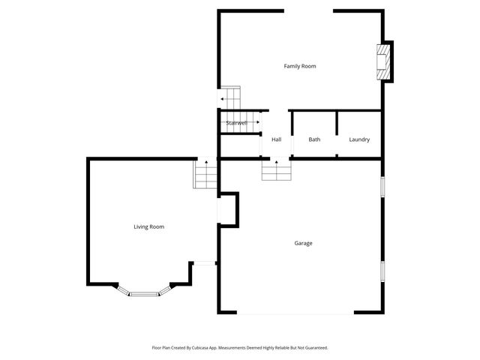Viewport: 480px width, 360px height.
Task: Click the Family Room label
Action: (x=299, y=66)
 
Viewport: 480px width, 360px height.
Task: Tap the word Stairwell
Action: (x=236, y=123)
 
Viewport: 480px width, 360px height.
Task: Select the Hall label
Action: (x=276, y=139)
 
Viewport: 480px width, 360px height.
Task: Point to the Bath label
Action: (x=314, y=139)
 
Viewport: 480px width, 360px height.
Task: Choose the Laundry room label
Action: (x=359, y=139)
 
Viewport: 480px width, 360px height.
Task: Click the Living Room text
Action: (x=148, y=226)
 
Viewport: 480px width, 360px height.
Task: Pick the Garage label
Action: (x=303, y=243)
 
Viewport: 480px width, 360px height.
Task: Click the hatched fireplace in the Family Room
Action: (x=383, y=60)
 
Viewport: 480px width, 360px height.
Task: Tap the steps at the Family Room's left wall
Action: (x=230, y=98)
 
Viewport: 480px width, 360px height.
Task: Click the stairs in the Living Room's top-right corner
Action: (x=205, y=175)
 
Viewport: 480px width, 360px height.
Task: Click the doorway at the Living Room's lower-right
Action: (x=204, y=262)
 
